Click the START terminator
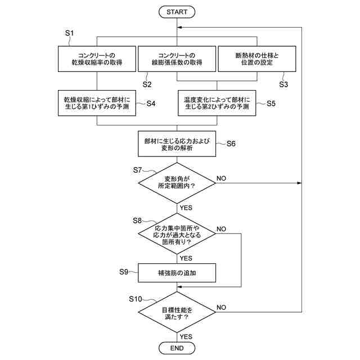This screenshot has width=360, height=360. pos(177,12)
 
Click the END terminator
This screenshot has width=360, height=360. pos(177,348)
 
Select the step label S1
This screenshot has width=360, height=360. pos(69,33)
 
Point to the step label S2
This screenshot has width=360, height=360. pos(147,84)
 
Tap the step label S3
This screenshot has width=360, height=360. pos(283,84)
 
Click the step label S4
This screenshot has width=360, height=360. pos(151,103)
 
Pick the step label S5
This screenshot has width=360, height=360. pos(271,103)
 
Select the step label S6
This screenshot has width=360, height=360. pos(231,144)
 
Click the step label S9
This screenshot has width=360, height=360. pos(124,272)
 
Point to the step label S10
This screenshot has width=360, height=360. pos(136,299)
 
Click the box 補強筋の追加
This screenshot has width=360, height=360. pos(177,273)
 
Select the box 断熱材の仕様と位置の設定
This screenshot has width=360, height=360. pos(257,58)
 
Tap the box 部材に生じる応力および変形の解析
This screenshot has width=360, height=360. pos(177,144)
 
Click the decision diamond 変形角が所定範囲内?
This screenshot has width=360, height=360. pos(177,183)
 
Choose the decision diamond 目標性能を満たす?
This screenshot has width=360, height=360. pos(177,312)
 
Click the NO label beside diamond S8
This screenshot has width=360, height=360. pos(221,229)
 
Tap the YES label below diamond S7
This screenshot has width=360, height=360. pos(186,208)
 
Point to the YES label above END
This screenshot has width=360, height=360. pos(186,336)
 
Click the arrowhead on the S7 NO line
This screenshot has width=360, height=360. pos(299,183)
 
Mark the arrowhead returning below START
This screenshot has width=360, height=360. pos(179,28)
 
